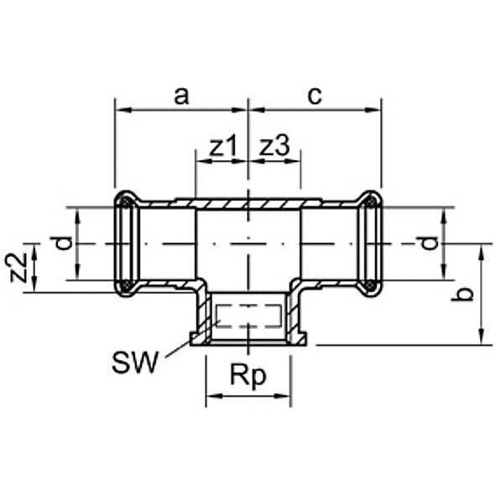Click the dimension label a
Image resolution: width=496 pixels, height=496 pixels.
click(x=180, y=95)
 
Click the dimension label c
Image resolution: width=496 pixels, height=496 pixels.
click(x=314, y=95)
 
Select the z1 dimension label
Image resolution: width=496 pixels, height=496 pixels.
click(x=221, y=147)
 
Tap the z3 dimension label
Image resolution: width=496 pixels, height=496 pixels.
click(x=274, y=147)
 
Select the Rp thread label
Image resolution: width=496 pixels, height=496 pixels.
click(x=248, y=376)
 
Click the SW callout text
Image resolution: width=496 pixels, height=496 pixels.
click(x=134, y=363)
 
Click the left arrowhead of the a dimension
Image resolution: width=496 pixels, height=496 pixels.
click(x=120, y=110)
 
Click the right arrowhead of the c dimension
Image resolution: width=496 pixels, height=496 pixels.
click(x=377, y=110)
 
